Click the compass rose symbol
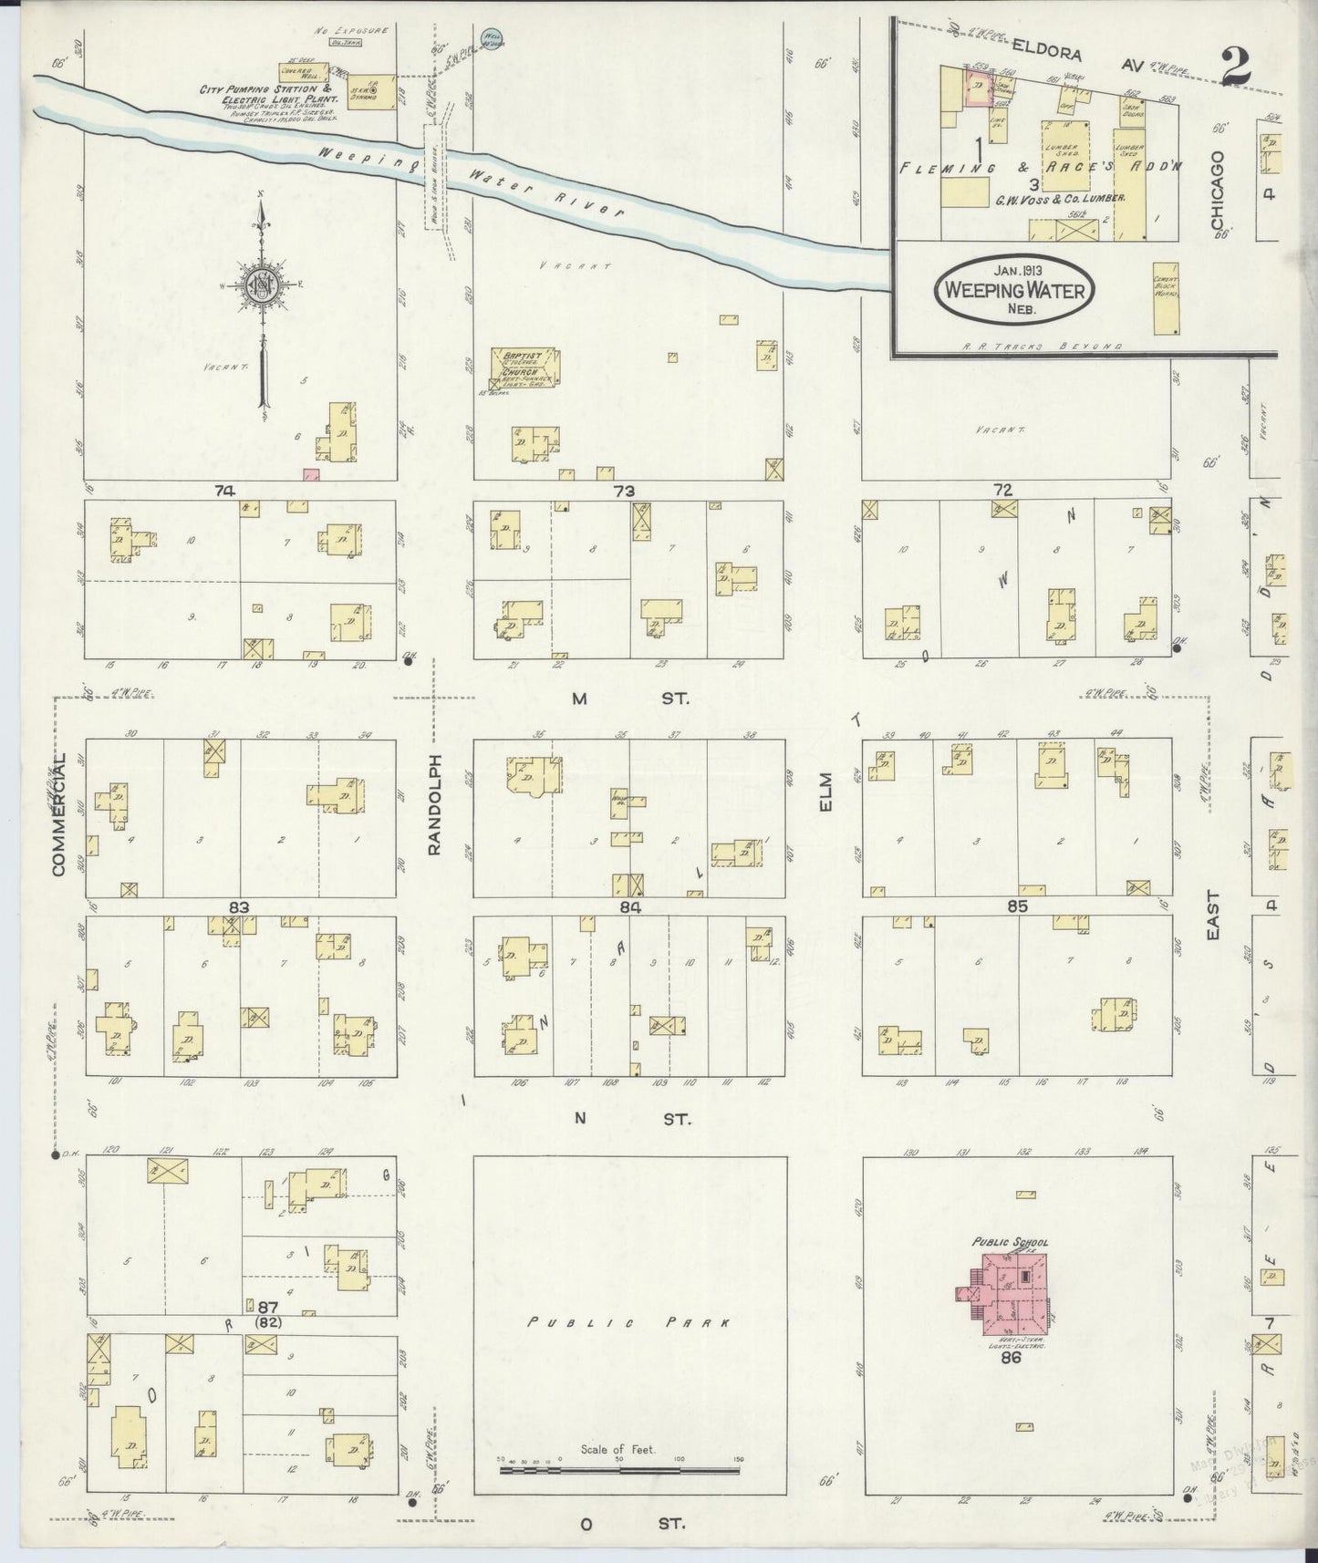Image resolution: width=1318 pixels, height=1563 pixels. (x=263, y=286)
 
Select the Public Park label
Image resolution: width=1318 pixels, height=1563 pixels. (x=629, y=1321)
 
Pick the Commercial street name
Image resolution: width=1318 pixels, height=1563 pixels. (x=60, y=816)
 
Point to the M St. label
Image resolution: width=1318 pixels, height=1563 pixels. (x=629, y=699)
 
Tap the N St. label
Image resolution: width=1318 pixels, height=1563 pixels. (x=629, y=1118)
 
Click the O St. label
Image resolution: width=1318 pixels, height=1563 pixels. (x=629, y=1524)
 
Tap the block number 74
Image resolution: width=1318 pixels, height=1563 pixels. (x=223, y=491)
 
